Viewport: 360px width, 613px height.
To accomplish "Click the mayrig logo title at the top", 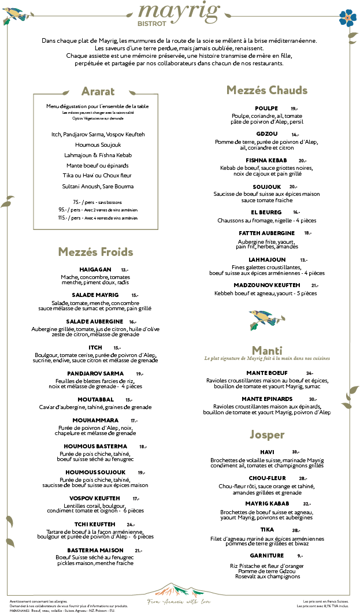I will coord(180,11).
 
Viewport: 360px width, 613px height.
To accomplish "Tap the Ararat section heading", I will coord(98,91).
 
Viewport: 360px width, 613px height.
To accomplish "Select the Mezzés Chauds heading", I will coord(267,90).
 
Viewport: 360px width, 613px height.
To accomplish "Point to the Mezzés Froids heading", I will coord(95,252).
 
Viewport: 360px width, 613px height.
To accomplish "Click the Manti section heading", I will coord(267,350).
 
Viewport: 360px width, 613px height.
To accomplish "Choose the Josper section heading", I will coord(267,434).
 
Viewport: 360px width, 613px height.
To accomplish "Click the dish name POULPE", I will coord(266,108).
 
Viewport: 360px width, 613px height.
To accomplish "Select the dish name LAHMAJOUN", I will coord(267,259).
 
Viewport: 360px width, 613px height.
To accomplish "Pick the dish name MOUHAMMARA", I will coord(96,420).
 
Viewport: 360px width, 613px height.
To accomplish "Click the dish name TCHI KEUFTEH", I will coord(92,524).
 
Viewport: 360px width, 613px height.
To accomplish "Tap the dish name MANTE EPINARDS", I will coord(267,399).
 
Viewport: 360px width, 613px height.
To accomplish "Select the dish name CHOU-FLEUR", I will coord(268,478).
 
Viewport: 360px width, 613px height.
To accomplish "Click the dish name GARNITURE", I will coord(267,555).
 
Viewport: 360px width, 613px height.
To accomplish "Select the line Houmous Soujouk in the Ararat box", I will coord(98,144).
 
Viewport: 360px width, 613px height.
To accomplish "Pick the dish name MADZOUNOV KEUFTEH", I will coord(267,285).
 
